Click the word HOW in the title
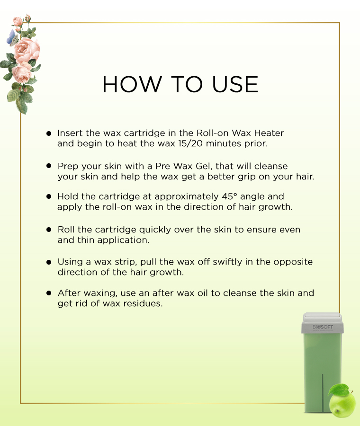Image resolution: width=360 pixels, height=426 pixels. tap(132, 84)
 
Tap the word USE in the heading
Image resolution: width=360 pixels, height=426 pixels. tap(234, 84)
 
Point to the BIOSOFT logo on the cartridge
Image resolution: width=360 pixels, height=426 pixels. tap(323, 327)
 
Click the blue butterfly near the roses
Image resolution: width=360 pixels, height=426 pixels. tap(12, 37)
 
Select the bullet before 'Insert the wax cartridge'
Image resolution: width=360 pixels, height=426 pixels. tap(49, 133)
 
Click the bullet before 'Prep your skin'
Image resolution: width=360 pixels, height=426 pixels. tap(49, 166)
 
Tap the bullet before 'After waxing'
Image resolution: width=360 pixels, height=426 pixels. tap(49, 293)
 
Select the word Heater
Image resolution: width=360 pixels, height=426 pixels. tap(269, 133)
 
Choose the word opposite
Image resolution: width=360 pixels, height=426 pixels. tap(293, 262)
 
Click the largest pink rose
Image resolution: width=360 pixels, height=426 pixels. tap(27, 51)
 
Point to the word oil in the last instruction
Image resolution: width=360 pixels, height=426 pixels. tap(203, 293)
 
